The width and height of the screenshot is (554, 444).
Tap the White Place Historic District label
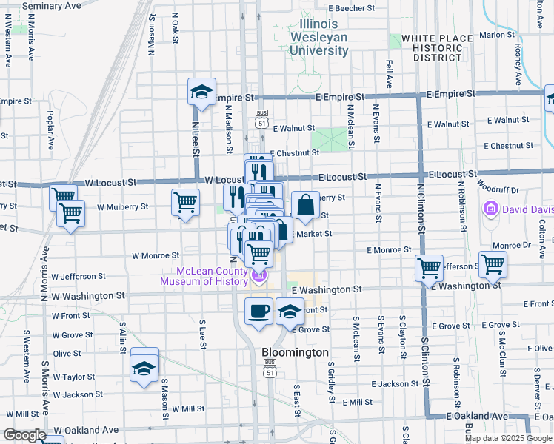[x=437, y=47]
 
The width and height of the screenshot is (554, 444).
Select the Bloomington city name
[x=295, y=353]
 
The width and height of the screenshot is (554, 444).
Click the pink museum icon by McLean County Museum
[x=259, y=277]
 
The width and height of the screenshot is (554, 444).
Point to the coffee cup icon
[x=258, y=311]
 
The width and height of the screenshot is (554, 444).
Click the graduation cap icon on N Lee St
[x=201, y=92]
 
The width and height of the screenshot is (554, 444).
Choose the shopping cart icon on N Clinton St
[x=429, y=268]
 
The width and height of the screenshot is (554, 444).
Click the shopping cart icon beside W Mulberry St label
[x=185, y=202]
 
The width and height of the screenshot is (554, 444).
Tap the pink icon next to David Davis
[x=490, y=210]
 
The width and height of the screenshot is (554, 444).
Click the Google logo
[x=24, y=435]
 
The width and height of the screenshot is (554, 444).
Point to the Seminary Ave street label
[x=51, y=5]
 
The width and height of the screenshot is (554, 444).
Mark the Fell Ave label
[x=389, y=74]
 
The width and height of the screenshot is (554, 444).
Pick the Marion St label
[x=497, y=35]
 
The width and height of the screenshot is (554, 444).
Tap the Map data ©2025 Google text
[x=508, y=438]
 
